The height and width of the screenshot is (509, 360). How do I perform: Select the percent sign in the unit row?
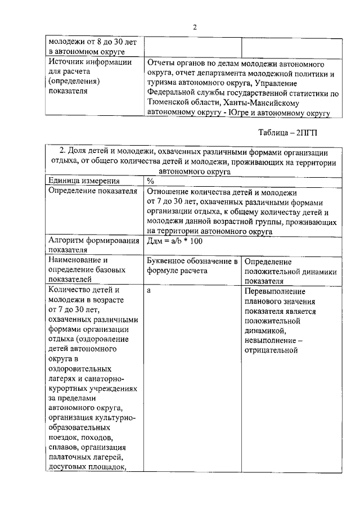pyautogui.click(x=150, y=181)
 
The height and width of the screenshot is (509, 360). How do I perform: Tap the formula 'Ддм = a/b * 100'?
pyautogui.click(x=174, y=241)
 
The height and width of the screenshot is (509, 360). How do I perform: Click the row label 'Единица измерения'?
pyautogui.click(x=84, y=181)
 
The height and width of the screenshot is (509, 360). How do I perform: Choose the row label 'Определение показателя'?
pyautogui.click(x=93, y=191)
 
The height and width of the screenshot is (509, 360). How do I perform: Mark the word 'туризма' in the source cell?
pyautogui.click(x=162, y=83)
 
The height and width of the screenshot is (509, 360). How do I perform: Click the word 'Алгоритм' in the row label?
pyautogui.click(x=68, y=241)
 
